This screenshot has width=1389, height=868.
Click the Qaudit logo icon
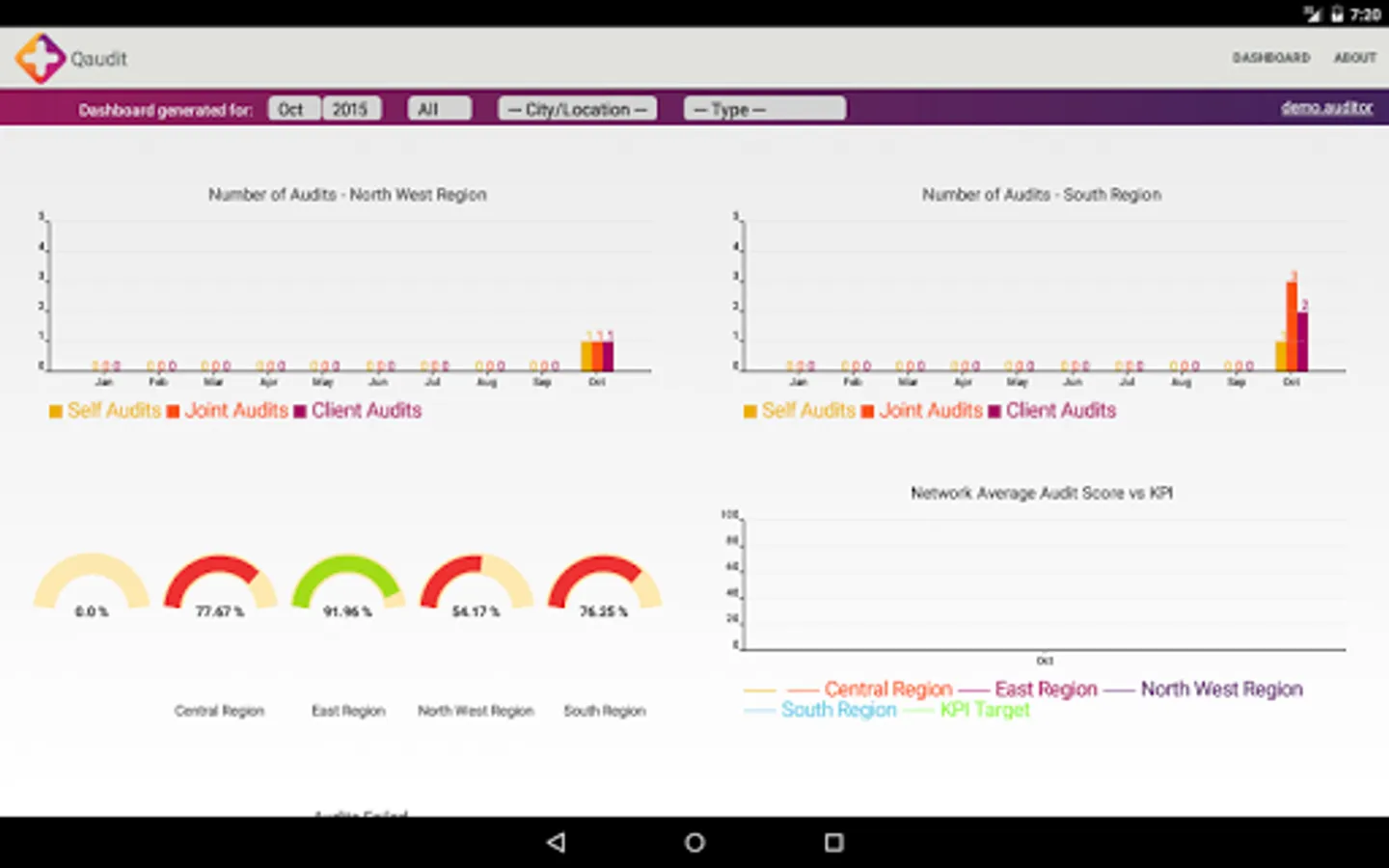point(40,58)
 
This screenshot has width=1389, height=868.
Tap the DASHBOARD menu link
point(1270,58)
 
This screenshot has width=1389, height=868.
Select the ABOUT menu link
point(1354,58)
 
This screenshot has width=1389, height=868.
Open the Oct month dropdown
point(293,109)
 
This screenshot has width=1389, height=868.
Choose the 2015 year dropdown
point(351,109)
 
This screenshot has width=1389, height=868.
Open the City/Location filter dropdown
point(577,109)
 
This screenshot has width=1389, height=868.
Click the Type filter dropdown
point(764,109)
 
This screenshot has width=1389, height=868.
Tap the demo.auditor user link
point(1326,107)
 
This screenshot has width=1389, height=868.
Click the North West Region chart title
point(347,195)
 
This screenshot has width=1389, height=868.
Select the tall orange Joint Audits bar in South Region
point(1292,326)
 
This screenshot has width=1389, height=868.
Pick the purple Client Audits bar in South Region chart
point(1303,340)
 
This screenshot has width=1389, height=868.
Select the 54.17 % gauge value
point(476,610)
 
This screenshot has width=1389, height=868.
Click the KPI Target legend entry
point(984,710)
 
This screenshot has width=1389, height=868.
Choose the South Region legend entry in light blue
point(837,710)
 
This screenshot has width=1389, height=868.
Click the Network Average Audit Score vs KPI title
point(1042,493)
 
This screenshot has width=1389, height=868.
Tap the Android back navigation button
point(556,842)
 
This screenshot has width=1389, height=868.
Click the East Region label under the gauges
point(348,711)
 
